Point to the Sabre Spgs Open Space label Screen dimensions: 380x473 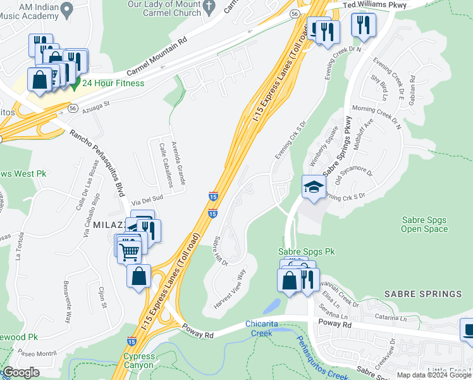424,225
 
